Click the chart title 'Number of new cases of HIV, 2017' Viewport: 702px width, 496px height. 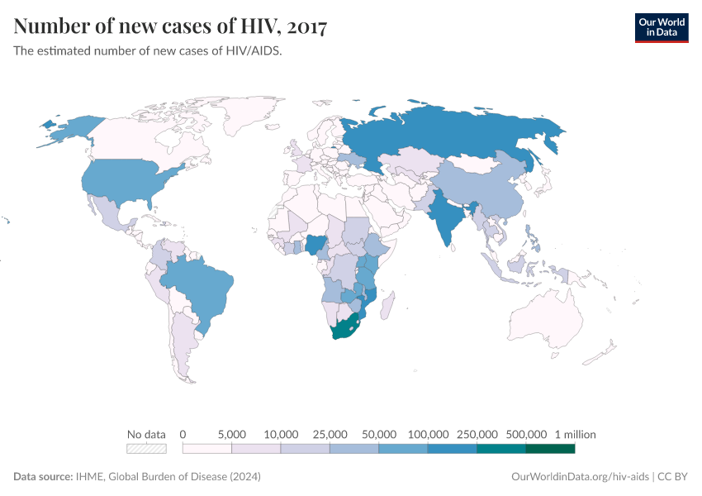(x=170, y=26)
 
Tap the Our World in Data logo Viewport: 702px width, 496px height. (x=661, y=27)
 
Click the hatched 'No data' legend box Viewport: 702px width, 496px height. (x=146, y=449)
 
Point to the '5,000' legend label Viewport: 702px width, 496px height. (x=232, y=434)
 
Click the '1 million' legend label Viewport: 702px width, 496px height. (x=575, y=434)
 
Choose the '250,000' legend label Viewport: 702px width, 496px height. (x=477, y=434)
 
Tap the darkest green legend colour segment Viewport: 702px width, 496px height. (x=550, y=449)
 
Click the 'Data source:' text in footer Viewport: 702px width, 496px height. (x=43, y=477)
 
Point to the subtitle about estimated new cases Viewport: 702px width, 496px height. (x=149, y=50)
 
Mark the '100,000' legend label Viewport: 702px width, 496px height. (x=428, y=434)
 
